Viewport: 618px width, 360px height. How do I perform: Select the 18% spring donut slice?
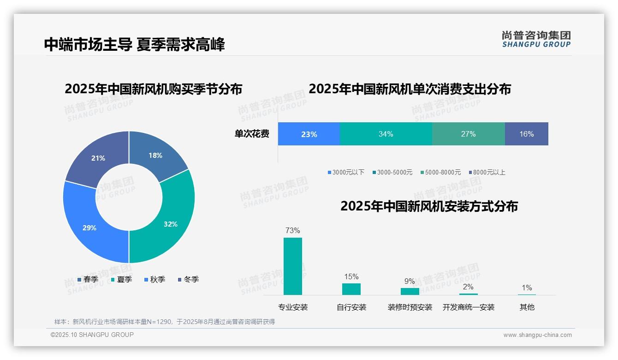tap(155, 156)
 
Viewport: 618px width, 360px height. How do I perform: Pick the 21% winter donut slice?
tap(98, 158)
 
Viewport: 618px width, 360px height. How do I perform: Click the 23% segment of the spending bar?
tap(309, 134)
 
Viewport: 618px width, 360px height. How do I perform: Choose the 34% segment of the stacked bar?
tap(386, 134)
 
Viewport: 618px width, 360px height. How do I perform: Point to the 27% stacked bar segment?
tap(468, 134)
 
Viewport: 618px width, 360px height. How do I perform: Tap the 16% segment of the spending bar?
tap(526, 134)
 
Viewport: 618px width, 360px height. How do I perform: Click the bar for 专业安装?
tap(292, 266)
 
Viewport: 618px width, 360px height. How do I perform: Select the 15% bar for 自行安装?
tap(351, 289)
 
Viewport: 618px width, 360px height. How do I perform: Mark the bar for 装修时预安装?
tap(410, 291)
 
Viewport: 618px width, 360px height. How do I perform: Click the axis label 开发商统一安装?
tap(468, 307)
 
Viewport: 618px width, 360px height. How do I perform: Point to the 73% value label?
tap(292, 230)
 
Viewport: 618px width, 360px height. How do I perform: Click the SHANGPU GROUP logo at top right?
tap(536, 39)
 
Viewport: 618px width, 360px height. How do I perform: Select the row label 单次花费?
tap(252, 134)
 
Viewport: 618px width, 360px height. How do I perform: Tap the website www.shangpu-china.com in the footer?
tap(537, 335)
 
